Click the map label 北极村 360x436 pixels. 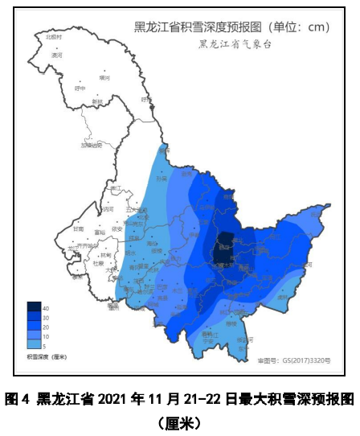point(54,37)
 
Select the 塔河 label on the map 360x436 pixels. point(104,78)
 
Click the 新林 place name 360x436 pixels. point(97,101)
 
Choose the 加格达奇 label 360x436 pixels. point(92,146)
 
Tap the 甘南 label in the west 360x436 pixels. point(78,228)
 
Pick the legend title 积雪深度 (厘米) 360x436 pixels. point(47,356)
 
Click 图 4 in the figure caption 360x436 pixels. point(16,398)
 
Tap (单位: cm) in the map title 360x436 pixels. point(296,27)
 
